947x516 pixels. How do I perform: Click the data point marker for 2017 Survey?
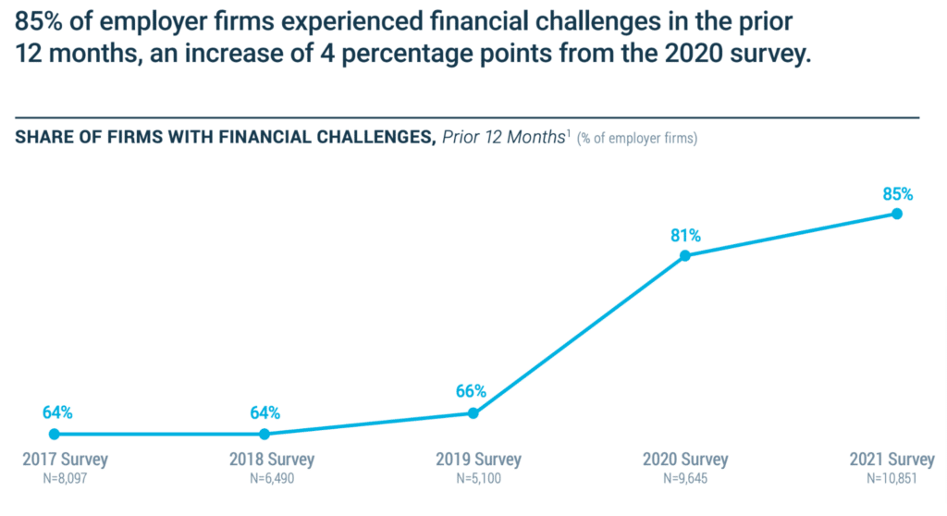[x=54, y=434]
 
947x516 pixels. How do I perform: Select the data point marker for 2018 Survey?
[x=264, y=434]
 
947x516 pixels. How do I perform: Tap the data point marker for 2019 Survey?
[x=473, y=413]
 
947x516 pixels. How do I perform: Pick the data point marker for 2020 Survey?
[x=684, y=256]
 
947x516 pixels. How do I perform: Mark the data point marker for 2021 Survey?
[x=896, y=214]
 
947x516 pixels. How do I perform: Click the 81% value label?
[x=685, y=235]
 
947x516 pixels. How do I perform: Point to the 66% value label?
[x=471, y=392]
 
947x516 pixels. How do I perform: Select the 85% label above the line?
[x=897, y=193]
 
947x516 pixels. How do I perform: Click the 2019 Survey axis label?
[x=477, y=460]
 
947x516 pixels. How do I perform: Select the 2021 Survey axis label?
[x=892, y=460]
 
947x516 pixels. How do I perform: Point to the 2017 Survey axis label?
[x=65, y=460]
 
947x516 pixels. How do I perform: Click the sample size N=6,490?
[x=271, y=480]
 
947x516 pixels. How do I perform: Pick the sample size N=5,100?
[x=478, y=480]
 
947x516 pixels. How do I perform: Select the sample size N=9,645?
[x=685, y=480]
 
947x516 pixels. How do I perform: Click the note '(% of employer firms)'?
[x=637, y=140]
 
